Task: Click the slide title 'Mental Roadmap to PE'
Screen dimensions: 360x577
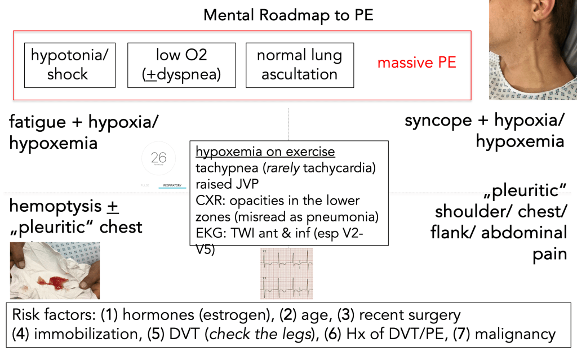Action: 288,15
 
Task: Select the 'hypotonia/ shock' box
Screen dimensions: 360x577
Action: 69,65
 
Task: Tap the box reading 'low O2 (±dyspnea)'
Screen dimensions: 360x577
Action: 181,65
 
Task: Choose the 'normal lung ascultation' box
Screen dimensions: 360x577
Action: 299,65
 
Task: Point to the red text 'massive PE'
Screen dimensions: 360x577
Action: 416,63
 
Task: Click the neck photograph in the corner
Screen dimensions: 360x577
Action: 532,50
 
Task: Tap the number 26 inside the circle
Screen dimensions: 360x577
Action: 159,158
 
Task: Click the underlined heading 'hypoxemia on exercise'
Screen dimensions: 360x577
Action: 265,153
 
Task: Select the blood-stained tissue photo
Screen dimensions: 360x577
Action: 55,270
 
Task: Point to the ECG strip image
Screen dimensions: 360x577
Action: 286,273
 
